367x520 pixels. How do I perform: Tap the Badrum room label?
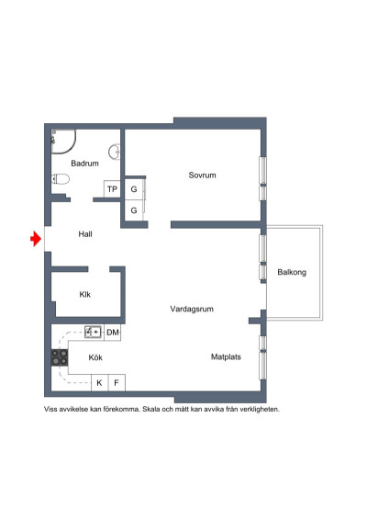pyautogui.click(x=84, y=164)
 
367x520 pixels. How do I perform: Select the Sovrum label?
pyautogui.click(x=203, y=175)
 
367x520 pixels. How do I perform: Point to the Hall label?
pyautogui.click(x=85, y=234)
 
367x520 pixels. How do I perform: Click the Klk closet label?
pyautogui.click(x=84, y=295)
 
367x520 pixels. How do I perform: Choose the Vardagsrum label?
pyautogui.click(x=192, y=310)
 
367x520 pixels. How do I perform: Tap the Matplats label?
pyautogui.click(x=226, y=357)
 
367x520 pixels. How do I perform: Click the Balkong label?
pyautogui.click(x=292, y=272)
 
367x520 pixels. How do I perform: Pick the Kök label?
pyautogui.click(x=95, y=357)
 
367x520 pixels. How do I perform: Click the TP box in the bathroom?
pyautogui.click(x=112, y=189)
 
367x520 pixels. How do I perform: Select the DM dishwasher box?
pyautogui.click(x=113, y=332)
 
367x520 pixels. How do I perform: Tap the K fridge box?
pyautogui.click(x=99, y=382)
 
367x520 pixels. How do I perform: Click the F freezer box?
pyautogui.click(x=117, y=382)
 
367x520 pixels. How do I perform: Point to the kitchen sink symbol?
pyautogui.click(x=94, y=332)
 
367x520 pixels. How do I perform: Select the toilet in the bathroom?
pyautogui.click(x=60, y=179)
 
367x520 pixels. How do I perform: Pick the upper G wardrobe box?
pyautogui.click(x=134, y=189)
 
